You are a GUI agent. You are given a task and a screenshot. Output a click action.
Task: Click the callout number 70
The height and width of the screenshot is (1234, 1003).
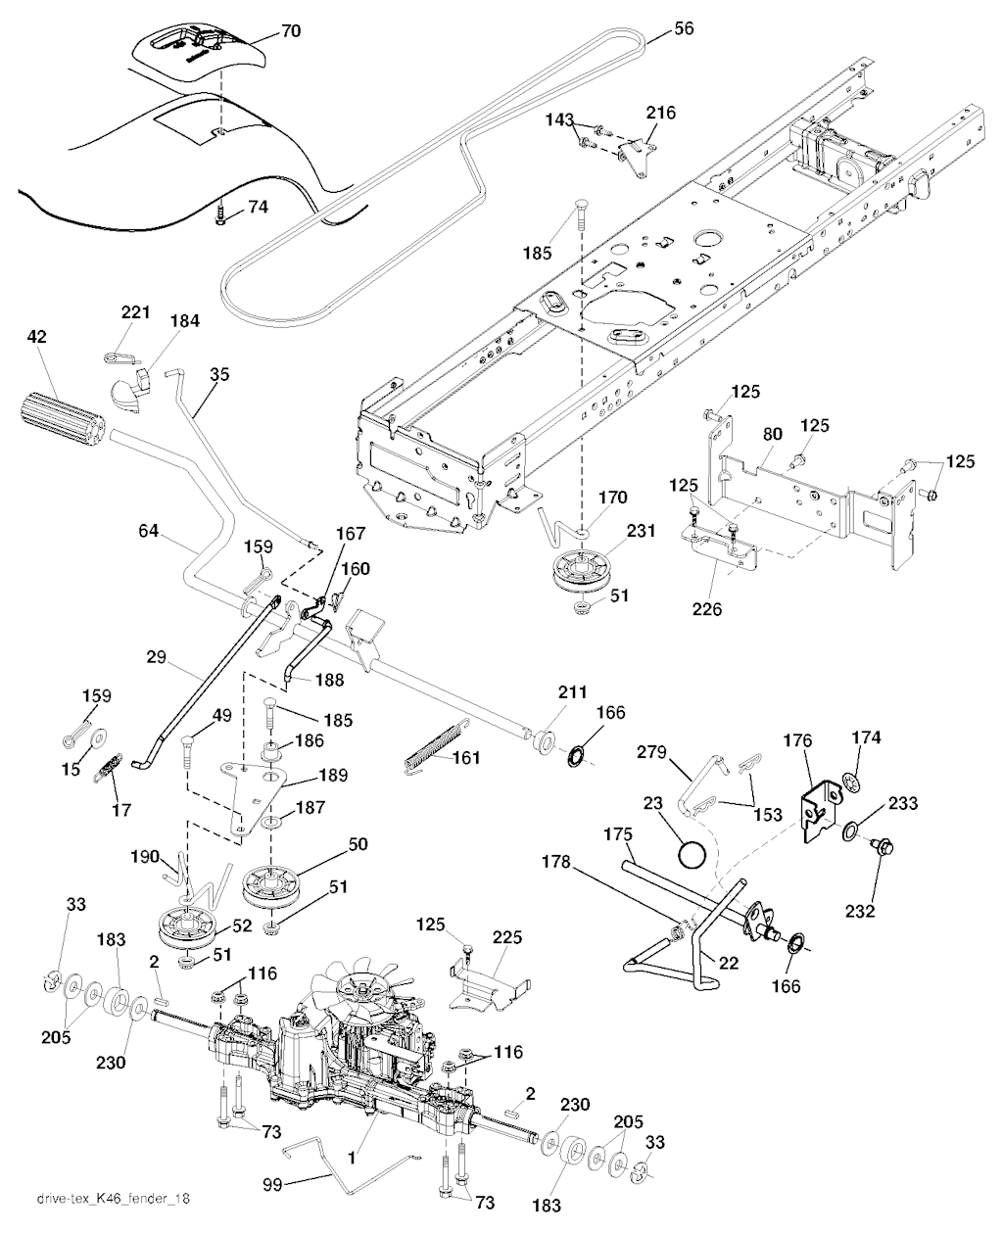pyautogui.click(x=291, y=31)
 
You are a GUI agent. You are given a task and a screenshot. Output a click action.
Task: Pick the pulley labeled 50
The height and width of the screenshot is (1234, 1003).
pyautogui.click(x=274, y=884)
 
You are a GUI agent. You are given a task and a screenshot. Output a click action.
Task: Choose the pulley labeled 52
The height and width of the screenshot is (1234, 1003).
pyautogui.click(x=184, y=927)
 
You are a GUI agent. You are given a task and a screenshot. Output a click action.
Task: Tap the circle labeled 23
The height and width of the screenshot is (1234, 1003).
pyautogui.click(x=693, y=854)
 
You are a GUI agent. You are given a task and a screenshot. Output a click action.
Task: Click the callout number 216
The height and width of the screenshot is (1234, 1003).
pyautogui.click(x=660, y=114)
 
